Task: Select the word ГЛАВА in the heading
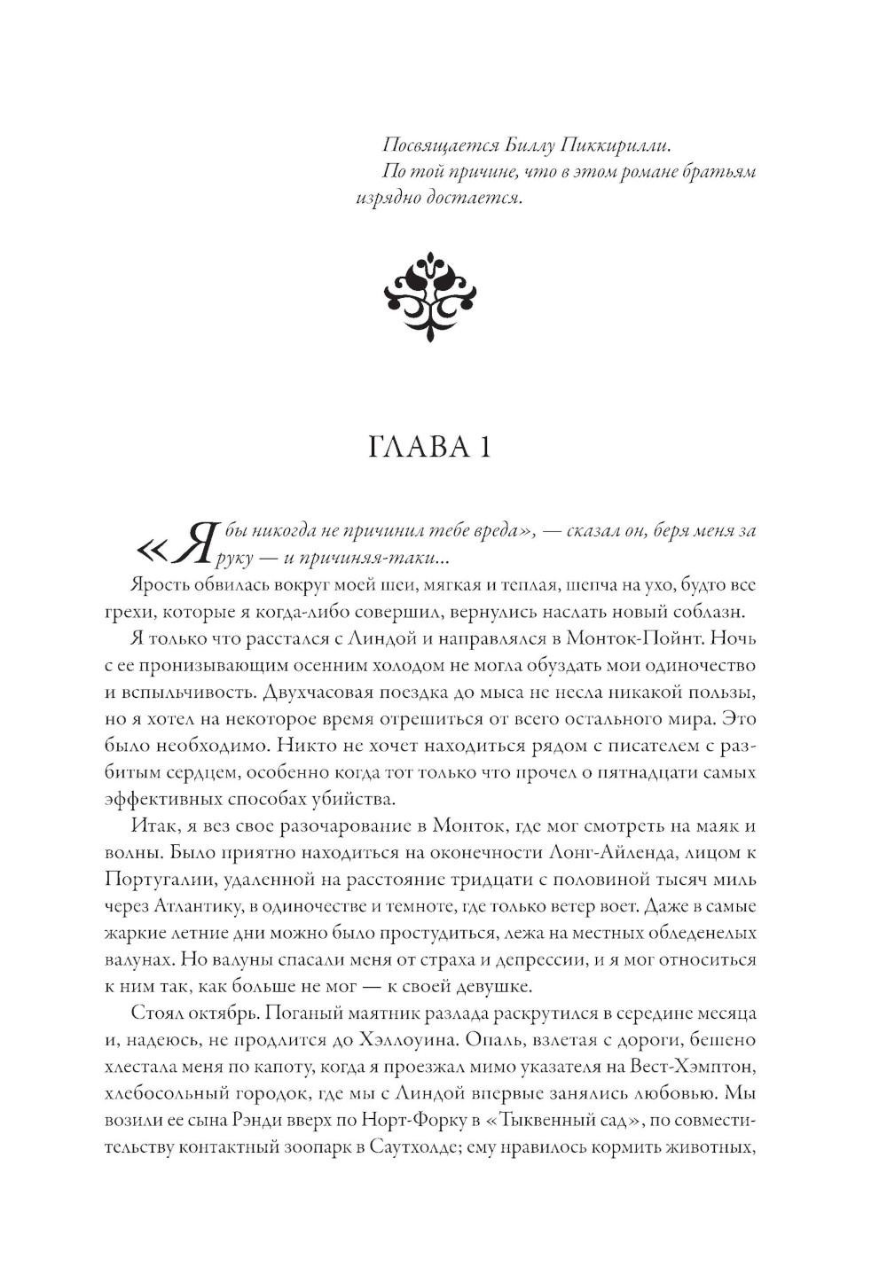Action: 416,448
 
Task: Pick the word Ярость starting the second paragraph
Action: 157,586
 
